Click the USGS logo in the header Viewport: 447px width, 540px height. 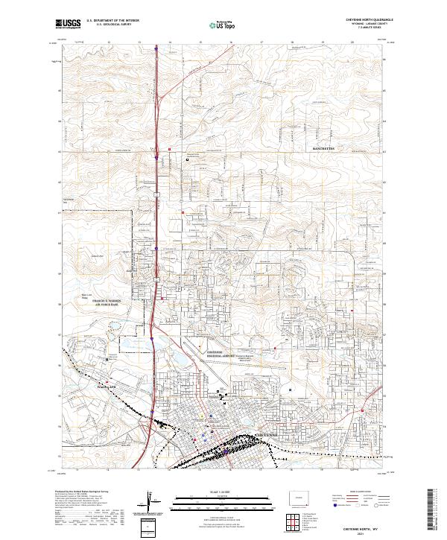tap(69, 24)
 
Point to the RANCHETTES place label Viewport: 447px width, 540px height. tap(326, 150)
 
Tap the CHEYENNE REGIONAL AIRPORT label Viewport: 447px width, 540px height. tap(221, 353)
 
